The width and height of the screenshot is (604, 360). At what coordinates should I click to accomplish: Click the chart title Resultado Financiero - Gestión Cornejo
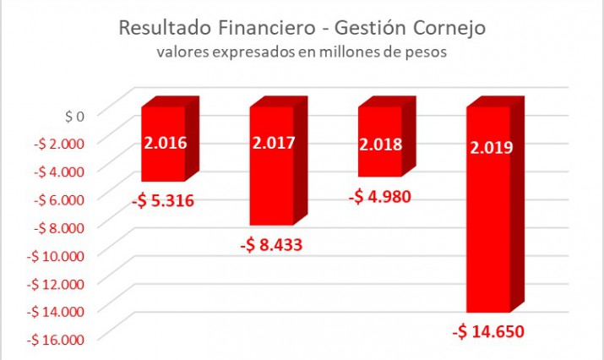(302, 28)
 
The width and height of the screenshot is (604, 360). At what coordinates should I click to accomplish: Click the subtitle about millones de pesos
(302, 52)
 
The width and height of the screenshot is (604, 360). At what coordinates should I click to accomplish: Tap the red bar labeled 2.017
(272, 166)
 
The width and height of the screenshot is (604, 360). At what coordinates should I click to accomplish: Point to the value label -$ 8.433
(271, 246)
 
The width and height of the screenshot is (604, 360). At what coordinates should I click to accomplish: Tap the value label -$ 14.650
(489, 330)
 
